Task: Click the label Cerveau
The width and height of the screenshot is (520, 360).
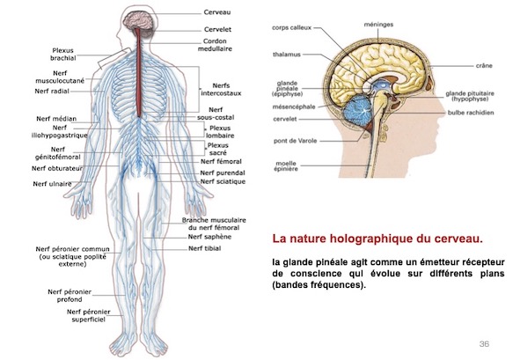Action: [217, 12]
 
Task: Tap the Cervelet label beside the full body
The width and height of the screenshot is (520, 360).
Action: [217, 30]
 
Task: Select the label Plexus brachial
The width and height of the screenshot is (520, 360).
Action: [63, 55]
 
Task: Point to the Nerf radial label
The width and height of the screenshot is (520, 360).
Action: [52, 92]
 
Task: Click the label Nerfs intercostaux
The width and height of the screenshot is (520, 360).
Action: [221, 90]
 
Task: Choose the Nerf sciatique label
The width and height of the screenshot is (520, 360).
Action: [223, 181]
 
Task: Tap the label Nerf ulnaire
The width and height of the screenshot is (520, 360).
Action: [53, 184]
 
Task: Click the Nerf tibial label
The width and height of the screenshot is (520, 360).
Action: [205, 248]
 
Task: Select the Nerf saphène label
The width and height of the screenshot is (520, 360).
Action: [209, 237]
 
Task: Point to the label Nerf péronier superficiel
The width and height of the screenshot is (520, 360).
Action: [89, 315]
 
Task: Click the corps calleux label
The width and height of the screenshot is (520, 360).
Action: [292, 28]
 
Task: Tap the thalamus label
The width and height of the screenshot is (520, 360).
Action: [287, 55]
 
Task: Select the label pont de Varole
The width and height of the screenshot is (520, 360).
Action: [295, 141]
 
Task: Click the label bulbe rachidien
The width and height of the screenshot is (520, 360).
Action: [471, 113]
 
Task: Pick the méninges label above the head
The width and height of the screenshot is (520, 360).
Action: [378, 25]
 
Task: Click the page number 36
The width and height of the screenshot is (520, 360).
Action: [484, 344]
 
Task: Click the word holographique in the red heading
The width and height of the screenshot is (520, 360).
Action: [372, 239]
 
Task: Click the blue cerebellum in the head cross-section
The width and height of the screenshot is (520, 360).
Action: [357, 109]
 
